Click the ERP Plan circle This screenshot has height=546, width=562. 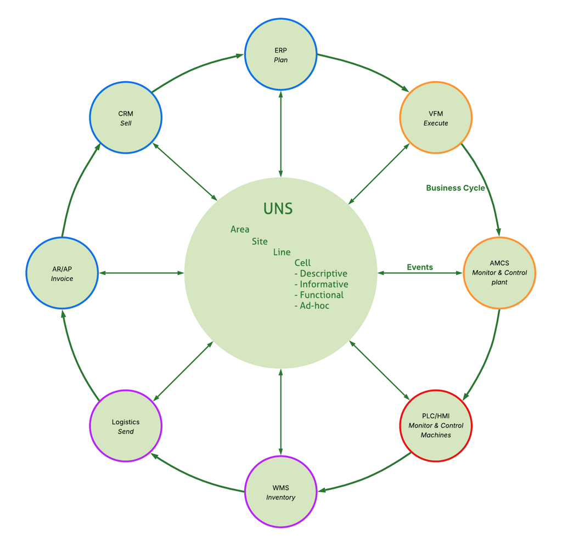point(281,55)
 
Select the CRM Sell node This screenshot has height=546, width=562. point(126,118)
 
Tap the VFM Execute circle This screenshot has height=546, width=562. point(436,118)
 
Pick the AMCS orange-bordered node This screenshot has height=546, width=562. point(499,273)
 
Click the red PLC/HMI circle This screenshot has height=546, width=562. point(436,426)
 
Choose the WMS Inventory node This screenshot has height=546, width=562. point(281,492)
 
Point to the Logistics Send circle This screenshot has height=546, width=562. point(126,426)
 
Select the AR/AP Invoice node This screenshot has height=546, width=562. point(62,273)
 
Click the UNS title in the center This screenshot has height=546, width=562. point(278,209)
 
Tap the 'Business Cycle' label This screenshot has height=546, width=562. point(456,188)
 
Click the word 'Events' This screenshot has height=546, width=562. point(420,267)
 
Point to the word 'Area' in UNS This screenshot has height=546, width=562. point(240,229)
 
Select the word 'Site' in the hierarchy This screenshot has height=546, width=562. point(260,241)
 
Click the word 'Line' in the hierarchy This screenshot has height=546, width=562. point(282,252)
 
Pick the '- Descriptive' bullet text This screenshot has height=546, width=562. point(321,274)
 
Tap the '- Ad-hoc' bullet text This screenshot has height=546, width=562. point(312,306)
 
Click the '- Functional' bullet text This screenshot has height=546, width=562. point(319,295)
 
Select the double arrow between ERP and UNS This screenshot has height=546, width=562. point(281,134)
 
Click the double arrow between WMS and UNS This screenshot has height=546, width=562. point(281,412)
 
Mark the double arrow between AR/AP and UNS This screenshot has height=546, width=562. point(142,273)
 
